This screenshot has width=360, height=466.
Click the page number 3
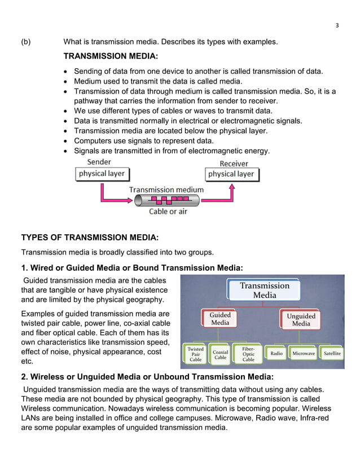(x=337, y=25)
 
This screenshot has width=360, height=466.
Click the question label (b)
(x=27, y=42)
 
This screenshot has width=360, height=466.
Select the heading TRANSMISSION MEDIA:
(x=111, y=57)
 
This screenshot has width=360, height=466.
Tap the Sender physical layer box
(x=102, y=174)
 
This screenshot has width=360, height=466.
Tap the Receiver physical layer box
(x=231, y=174)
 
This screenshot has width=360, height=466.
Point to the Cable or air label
(x=168, y=212)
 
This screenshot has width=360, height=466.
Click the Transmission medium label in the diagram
(x=166, y=190)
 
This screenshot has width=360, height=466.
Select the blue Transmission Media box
(x=264, y=291)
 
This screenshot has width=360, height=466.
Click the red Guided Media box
(x=220, y=319)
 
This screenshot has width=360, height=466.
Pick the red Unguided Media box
(x=301, y=320)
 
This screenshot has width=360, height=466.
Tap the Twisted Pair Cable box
(x=195, y=354)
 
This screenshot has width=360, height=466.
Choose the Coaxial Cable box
(x=220, y=354)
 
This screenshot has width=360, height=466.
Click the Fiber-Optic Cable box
(x=248, y=354)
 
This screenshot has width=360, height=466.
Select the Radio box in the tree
(x=276, y=354)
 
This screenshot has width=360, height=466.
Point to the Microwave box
(x=304, y=354)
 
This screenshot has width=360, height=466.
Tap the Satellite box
(x=332, y=354)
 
